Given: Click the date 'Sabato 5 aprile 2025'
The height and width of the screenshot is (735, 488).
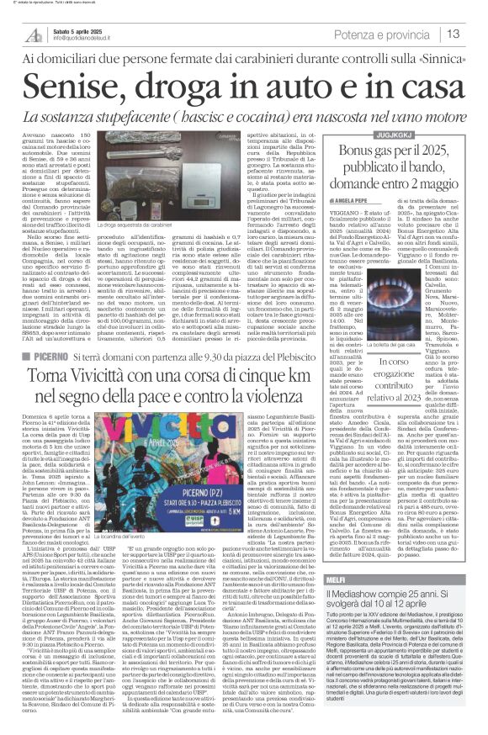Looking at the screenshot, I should [77, 29].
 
